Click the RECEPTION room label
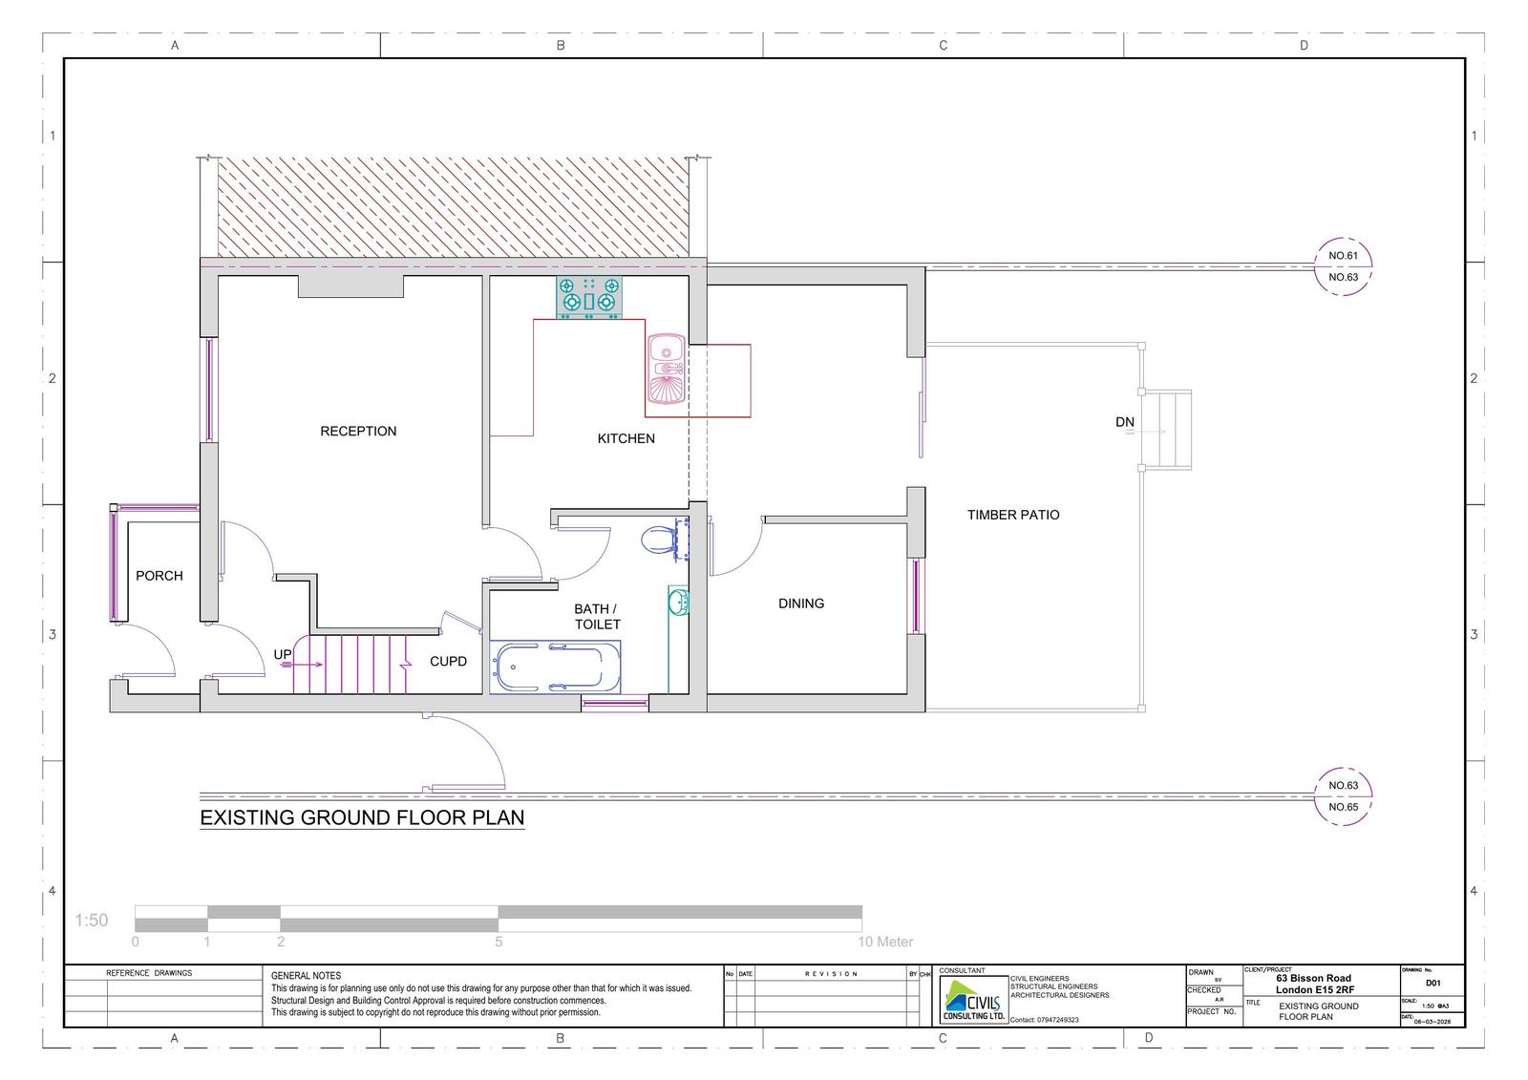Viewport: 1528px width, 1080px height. click(x=358, y=431)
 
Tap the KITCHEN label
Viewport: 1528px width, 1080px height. click(x=626, y=438)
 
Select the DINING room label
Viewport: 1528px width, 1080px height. click(x=800, y=604)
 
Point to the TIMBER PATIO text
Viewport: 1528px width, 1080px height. click(x=1012, y=515)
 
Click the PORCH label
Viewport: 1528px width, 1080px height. click(x=159, y=576)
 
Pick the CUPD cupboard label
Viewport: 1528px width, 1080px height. click(x=448, y=661)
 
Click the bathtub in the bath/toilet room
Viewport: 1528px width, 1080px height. click(x=554, y=666)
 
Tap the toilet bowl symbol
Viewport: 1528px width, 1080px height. click(x=658, y=540)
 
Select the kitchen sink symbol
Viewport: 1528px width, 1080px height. click(x=665, y=369)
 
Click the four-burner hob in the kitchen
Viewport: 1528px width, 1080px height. click(x=588, y=295)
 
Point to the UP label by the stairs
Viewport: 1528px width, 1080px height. click(x=283, y=654)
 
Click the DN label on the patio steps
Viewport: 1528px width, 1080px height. click(x=1124, y=422)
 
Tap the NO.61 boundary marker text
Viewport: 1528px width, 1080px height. click(x=1343, y=256)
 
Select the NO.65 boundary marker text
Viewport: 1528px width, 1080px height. click(x=1343, y=807)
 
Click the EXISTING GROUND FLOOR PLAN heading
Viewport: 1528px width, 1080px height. click(x=362, y=818)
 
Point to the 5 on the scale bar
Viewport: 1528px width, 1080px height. click(x=499, y=942)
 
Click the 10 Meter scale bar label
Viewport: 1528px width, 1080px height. click(x=886, y=942)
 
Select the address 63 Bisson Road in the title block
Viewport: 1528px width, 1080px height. click(x=1314, y=978)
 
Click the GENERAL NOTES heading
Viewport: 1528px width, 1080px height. click(x=306, y=976)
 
